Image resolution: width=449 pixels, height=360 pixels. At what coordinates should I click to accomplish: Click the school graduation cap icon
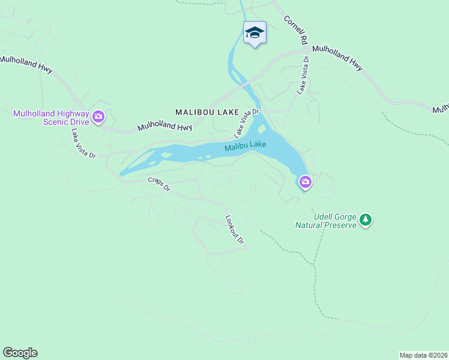255,32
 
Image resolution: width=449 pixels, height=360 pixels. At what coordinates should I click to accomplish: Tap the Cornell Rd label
296,29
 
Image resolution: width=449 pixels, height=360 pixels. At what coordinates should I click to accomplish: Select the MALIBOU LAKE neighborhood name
207,112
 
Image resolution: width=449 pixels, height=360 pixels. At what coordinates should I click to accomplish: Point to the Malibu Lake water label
246,146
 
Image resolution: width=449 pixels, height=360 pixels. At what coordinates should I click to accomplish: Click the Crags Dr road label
159,184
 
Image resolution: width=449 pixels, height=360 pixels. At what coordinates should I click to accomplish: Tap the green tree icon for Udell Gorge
366,221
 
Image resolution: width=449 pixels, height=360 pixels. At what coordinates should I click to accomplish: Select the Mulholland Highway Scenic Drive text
51,118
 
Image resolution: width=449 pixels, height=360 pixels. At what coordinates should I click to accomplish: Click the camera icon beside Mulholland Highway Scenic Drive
98,116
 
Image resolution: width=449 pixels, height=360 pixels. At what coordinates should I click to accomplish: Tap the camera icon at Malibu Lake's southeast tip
306,181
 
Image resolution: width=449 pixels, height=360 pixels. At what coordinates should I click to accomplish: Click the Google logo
20,353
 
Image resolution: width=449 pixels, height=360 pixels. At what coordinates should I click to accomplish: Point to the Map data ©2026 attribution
424,355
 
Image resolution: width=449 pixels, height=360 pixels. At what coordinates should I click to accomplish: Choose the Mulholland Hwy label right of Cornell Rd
337,58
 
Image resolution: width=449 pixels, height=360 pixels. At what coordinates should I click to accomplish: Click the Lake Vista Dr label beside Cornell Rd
303,76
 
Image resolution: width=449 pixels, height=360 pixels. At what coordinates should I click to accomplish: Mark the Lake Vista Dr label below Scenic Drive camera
83,143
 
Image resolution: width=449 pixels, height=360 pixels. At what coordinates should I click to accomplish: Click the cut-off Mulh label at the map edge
441,109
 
